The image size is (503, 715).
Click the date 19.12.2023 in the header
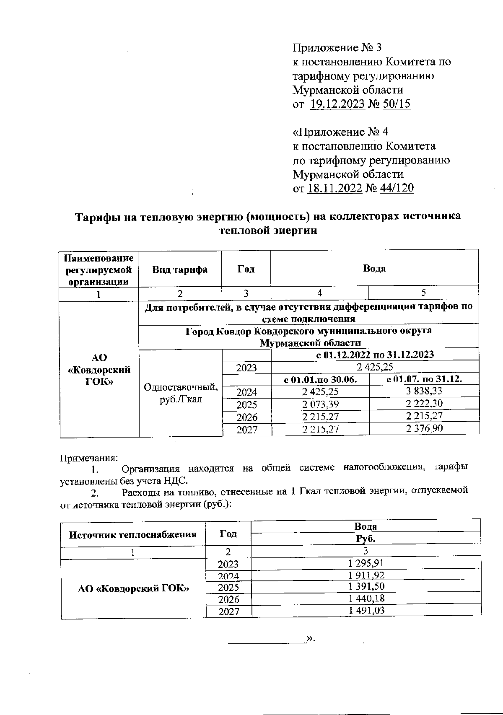[x=337, y=104]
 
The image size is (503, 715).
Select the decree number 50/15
[x=397, y=104]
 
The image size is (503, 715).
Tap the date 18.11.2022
[x=334, y=188]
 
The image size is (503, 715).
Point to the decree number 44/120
[x=397, y=188]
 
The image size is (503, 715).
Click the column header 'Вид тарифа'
[x=180, y=269]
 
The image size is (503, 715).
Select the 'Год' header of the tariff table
[x=246, y=269]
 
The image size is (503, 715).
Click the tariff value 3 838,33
[x=424, y=391]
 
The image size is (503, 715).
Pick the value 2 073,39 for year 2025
[x=320, y=404]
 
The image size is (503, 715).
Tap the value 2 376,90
[x=424, y=428]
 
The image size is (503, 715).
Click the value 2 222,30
[x=424, y=404]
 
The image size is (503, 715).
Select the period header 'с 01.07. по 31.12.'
[x=424, y=379]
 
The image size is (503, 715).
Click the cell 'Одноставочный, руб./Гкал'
[x=181, y=393]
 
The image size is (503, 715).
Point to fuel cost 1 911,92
[x=366, y=575]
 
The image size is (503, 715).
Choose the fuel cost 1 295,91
[x=366, y=563]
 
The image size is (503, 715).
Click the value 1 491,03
[x=366, y=611]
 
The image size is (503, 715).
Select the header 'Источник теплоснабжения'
[x=133, y=534]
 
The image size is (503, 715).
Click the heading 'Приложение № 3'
[x=337, y=48]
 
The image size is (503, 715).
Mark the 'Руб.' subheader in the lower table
[x=366, y=539]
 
